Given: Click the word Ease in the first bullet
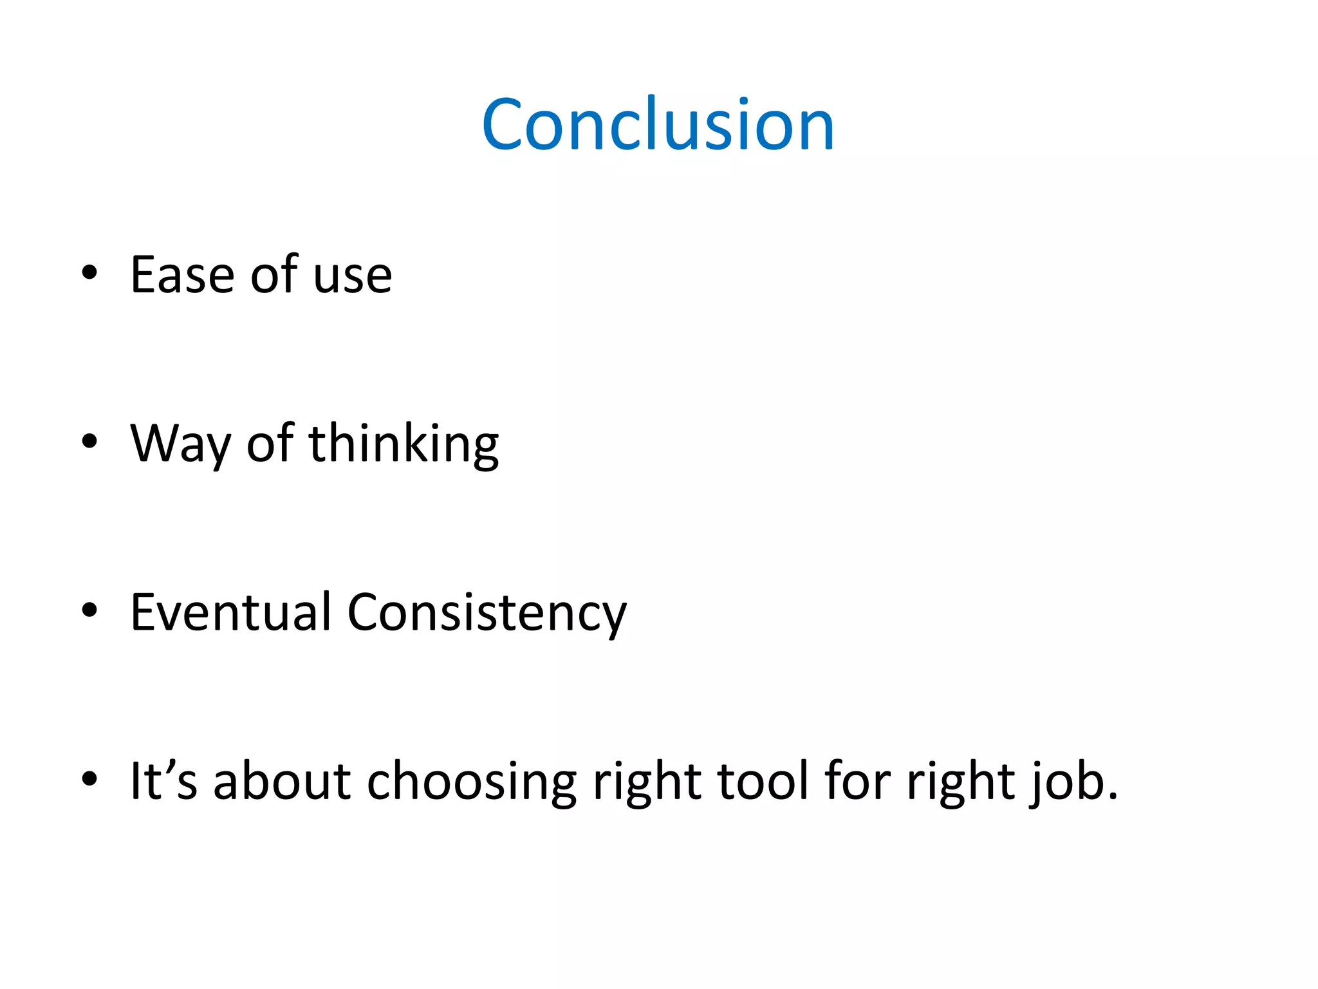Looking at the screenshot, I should coord(182,276).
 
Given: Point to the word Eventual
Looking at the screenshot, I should coord(230,612).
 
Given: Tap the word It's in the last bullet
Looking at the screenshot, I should coord(163,781).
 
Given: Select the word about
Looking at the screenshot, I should coord(282,781).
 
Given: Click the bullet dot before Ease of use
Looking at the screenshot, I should coord(89,273).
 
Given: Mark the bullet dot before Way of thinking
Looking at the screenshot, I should coord(89,442).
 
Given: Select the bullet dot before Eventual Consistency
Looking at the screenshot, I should coord(89,610).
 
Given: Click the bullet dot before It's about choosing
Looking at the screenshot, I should coord(89,779).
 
